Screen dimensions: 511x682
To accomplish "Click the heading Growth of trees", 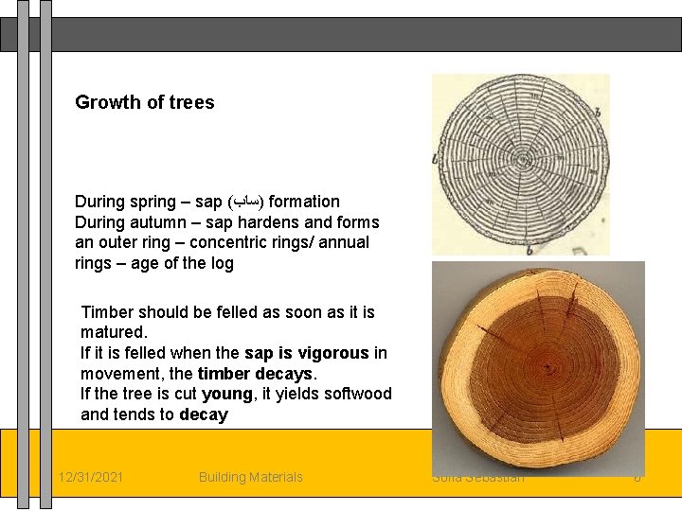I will (145, 102).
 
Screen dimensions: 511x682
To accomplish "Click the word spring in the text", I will (152, 202).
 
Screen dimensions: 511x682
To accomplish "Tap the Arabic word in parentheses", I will (245, 202).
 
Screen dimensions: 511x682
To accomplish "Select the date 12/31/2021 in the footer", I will (90, 477).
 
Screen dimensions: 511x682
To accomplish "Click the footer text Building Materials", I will (251, 477).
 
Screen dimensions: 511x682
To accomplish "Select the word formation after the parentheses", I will (304, 202).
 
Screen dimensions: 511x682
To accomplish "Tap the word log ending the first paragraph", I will (222, 263).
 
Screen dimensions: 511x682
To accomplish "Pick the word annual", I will (344, 242).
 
